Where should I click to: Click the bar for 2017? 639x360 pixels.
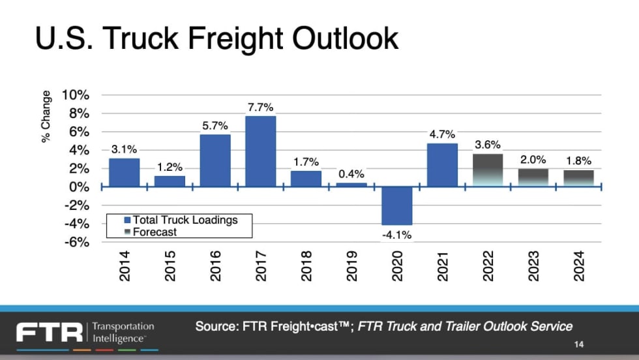(261, 151)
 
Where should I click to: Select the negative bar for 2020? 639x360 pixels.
(397, 205)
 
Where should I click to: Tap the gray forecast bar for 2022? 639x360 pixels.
(488, 170)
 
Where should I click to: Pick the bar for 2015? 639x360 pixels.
(170, 181)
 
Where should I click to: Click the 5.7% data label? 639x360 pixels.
(215, 126)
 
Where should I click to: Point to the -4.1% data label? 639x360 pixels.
(397, 235)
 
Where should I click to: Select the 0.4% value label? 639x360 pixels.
(351, 174)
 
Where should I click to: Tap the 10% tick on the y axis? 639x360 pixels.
(76, 95)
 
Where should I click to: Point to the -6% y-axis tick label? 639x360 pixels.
(76, 242)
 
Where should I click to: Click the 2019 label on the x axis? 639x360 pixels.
(352, 266)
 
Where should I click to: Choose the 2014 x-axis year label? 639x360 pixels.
(125, 266)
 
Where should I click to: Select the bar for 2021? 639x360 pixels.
(443, 165)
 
